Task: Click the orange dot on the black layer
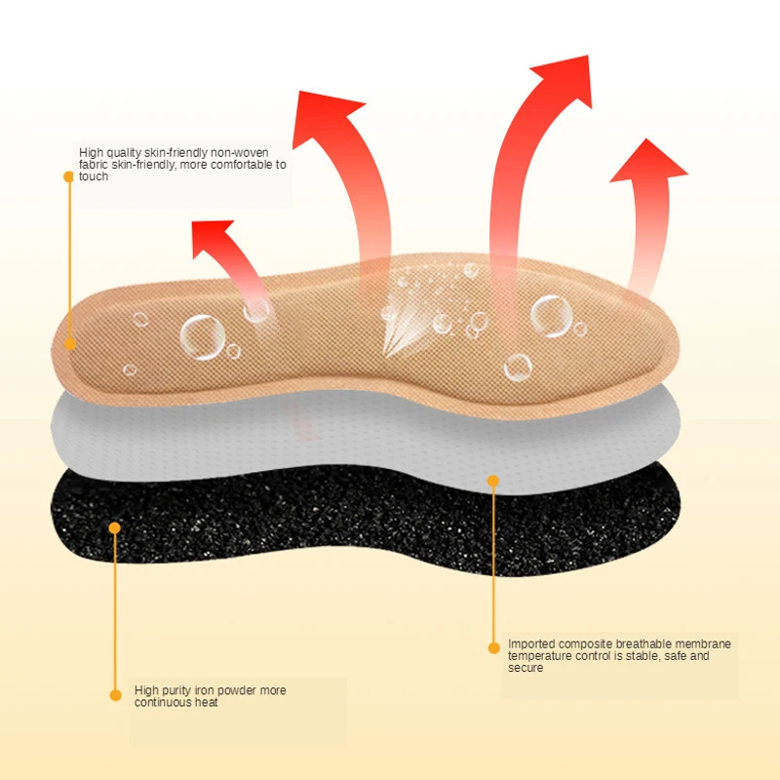click(x=114, y=527)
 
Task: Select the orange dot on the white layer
click(x=493, y=481)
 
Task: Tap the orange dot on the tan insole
click(x=69, y=343)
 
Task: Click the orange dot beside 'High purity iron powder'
click(x=114, y=694)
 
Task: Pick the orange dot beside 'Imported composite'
click(x=493, y=646)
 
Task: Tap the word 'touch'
click(x=94, y=176)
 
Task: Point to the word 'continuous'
click(x=162, y=702)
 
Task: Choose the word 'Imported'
click(x=531, y=644)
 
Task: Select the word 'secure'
click(x=526, y=668)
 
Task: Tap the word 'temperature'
click(x=539, y=656)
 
